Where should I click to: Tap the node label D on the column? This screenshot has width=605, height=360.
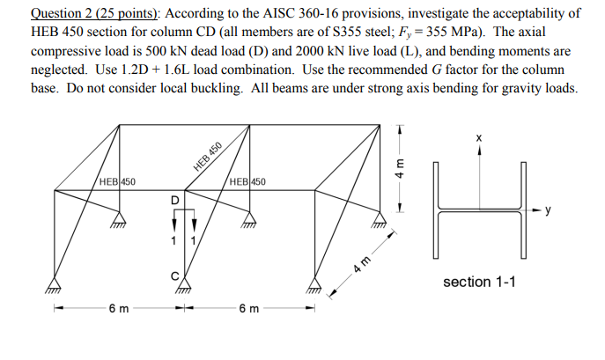(174, 200)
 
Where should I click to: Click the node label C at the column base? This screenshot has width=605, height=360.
(174, 276)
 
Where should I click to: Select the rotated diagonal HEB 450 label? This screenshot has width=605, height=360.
(209, 158)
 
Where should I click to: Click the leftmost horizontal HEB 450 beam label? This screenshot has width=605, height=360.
(117, 182)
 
